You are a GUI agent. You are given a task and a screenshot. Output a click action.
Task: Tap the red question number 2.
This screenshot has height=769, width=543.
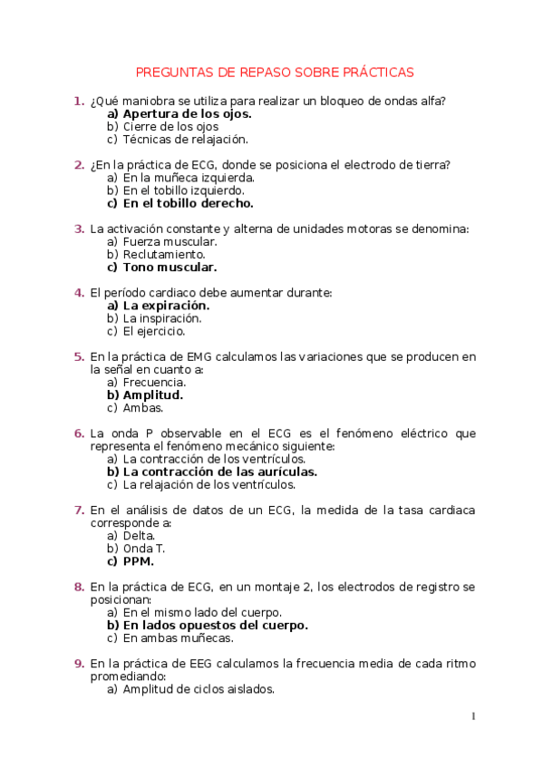tap(79, 165)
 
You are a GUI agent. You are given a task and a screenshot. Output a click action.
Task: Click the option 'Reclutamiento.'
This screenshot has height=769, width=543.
tap(158, 255)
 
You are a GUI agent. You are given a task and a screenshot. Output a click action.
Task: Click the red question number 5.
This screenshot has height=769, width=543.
tap(79, 357)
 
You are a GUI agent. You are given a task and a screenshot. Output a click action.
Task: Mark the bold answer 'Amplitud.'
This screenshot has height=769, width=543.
tap(153, 395)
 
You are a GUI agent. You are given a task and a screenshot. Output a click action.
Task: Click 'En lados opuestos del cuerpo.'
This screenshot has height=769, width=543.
tap(215, 625)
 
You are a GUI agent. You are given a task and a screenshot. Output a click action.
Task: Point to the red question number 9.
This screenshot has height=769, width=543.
tap(79, 664)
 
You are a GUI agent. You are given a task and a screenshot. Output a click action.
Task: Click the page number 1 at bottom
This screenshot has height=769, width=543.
tap(473, 716)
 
